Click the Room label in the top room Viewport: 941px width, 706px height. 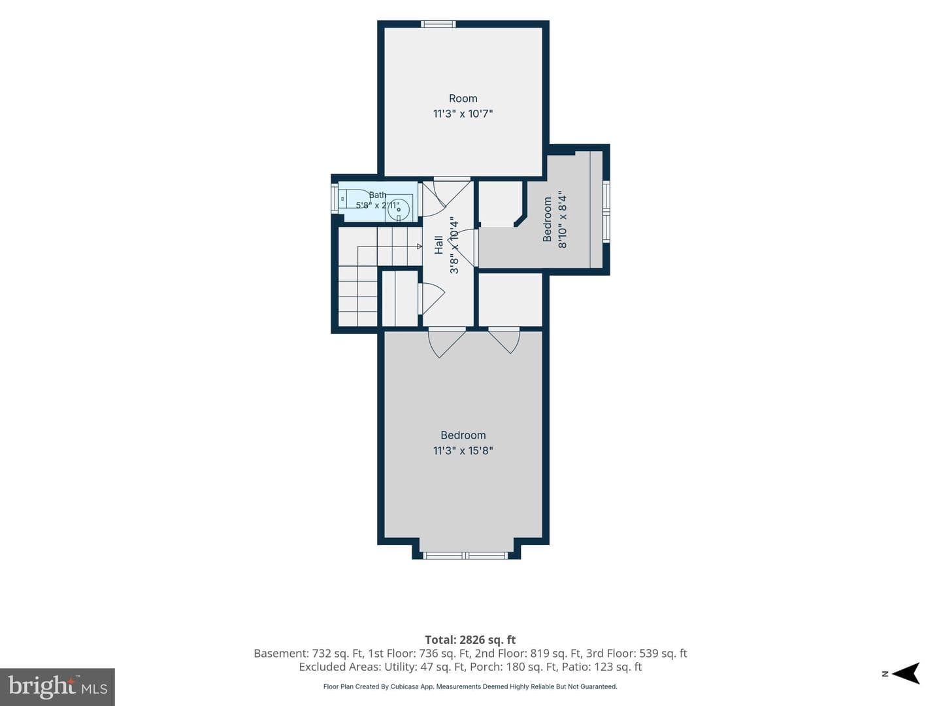click(463, 99)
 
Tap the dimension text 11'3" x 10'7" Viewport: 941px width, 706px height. click(463, 114)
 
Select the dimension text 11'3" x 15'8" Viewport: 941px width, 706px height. click(463, 450)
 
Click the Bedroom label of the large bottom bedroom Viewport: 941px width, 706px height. click(463, 435)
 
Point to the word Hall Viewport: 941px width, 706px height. click(438, 244)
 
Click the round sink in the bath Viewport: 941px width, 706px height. click(398, 210)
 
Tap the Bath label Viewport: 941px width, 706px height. click(377, 195)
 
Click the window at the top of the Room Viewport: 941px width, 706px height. click(438, 24)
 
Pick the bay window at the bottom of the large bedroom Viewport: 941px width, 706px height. click(466, 556)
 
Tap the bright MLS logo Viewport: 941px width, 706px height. click(58, 686)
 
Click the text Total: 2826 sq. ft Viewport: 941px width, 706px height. click(470, 640)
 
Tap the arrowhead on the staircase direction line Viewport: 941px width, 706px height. click(420, 246)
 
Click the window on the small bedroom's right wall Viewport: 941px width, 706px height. click(606, 212)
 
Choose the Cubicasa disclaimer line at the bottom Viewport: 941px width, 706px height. click(470, 686)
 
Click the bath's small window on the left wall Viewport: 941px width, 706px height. click(335, 198)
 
